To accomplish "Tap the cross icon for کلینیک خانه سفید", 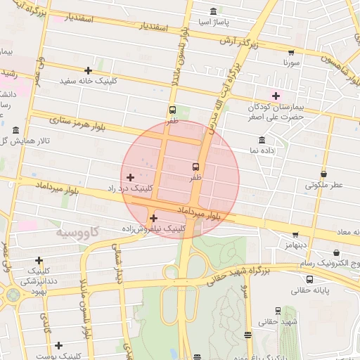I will coord(88,70).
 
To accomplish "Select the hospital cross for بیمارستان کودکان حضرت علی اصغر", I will coord(276,96).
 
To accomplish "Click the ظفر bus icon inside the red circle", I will coord(195,167).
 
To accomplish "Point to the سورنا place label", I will coord(292,63).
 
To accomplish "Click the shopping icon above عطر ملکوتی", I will coord(323,174).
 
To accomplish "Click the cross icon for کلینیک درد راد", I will coord(130,176).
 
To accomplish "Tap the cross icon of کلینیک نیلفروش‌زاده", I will coord(153,218).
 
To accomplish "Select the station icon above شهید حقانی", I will coord(278,310).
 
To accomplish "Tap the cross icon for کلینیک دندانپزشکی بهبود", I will coord(38,260).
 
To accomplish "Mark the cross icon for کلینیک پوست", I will coord(58,345).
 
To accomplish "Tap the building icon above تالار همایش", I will coord(16,130).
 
